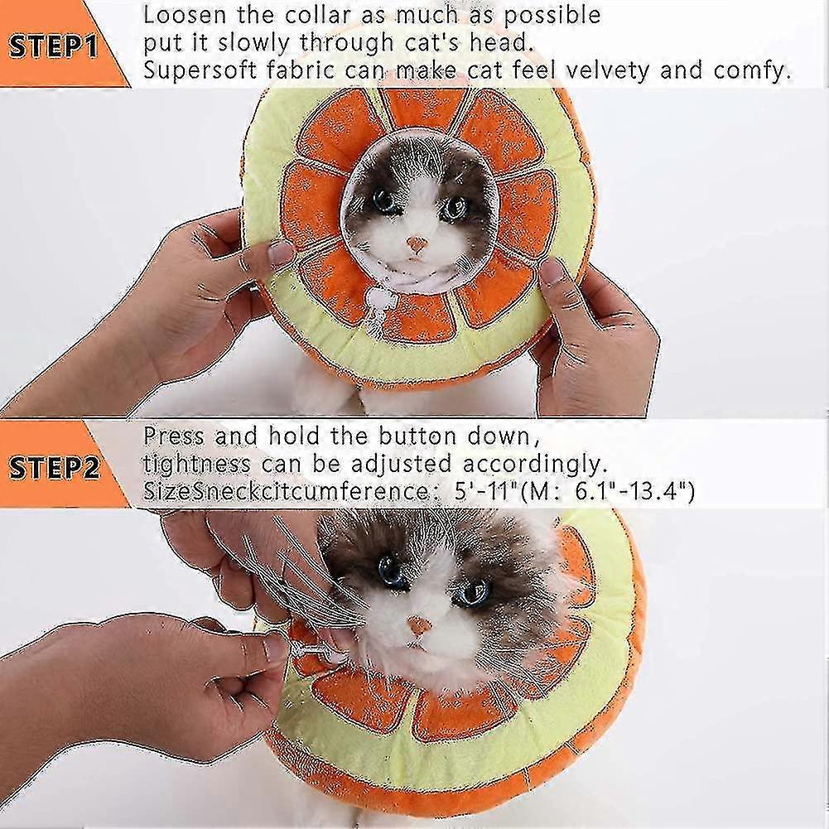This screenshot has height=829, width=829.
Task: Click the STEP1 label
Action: [x=53, y=46]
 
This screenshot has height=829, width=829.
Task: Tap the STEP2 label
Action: [x=54, y=468]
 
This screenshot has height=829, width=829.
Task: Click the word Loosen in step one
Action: [x=186, y=15]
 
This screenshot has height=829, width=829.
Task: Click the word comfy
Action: [x=752, y=71]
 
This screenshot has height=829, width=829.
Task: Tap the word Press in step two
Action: [x=173, y=436]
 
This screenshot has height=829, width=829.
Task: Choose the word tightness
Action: [x=196, y=465]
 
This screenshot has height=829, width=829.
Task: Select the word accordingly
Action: [x=534, y=465]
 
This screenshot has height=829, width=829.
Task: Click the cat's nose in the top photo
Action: [x=417, y=244]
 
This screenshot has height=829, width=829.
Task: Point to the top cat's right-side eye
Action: [x=455, y=209]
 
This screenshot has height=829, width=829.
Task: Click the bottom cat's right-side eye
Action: [x=475, y=593]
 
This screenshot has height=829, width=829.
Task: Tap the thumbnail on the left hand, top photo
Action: [x=278, y=253]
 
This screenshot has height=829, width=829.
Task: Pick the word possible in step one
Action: [x=552, y=17]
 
